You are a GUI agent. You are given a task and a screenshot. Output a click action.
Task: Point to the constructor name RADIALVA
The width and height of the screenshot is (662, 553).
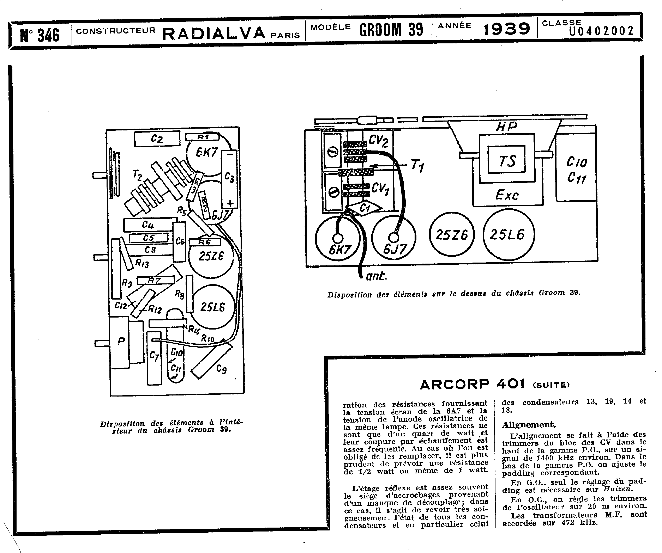click(x=214, y=33)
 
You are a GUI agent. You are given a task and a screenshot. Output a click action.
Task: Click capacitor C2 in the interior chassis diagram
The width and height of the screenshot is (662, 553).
click(x=157, y=139)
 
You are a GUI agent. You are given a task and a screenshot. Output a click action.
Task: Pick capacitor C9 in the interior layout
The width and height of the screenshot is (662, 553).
click(x=212, y=361)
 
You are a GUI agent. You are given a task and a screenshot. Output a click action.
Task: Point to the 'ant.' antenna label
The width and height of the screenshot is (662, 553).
click(x=376, y=276)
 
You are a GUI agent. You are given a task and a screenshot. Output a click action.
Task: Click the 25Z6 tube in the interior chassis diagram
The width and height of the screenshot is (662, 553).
click(x=211, y=256)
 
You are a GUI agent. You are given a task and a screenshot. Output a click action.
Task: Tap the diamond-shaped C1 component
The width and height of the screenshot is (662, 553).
click(x=364, y=208)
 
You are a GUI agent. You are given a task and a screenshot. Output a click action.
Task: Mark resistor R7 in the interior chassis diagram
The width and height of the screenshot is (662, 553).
click(x=155, y=280)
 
